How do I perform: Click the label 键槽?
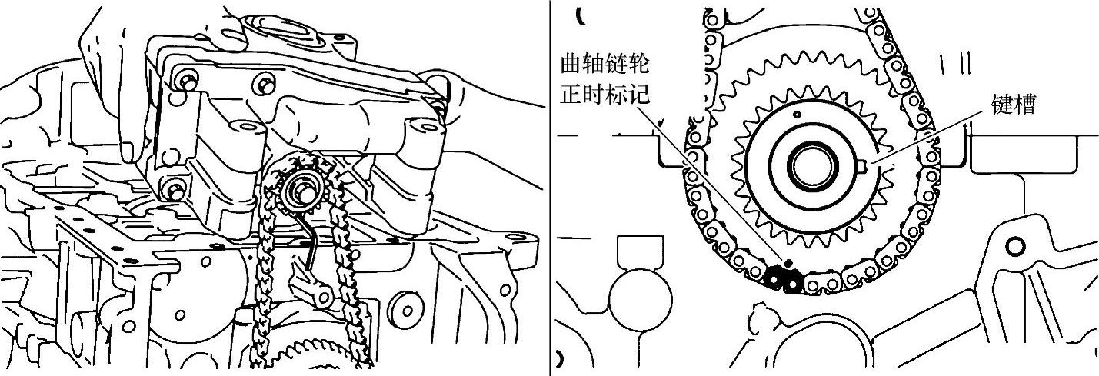[1014, 104]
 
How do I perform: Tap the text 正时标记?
[605, 95]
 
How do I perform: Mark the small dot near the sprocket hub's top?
[798, 115]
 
